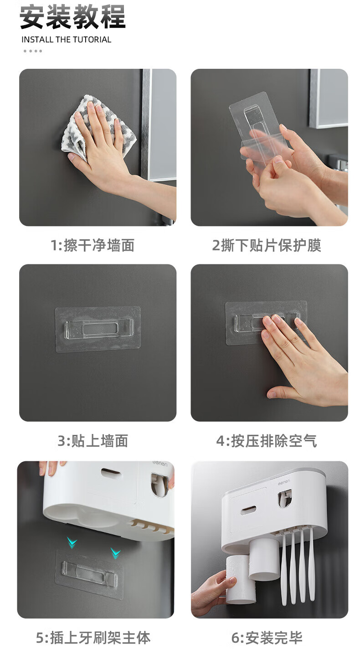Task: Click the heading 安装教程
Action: pyautogui.click(x=73, y=17)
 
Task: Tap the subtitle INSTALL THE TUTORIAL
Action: pyautogui.click(x=66, y=40)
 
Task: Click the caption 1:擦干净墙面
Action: pyautogui.click(x=93, y=245)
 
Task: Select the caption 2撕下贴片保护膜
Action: pyautogui.click(x=267, y=245)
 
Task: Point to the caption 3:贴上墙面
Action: pyautogui.click(x=93, y=441)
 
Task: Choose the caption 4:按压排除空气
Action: pyautogui.click(x=267, y=441)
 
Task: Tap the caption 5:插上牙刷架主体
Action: pyautogui.click(x=93, y=637)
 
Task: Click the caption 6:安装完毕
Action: pyautogui.click(x=267, y=637)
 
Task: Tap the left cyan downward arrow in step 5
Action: pyautogui.click(x=72, y=542)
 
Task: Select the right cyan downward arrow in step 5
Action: pyautogui.click(x=116, y=553)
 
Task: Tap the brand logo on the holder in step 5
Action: pyautogui.click(x=160, y=464)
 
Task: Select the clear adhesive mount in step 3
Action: pyautogui.click(x=98, y=329)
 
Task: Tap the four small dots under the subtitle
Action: pyautogui.click(x=33, y=51)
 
